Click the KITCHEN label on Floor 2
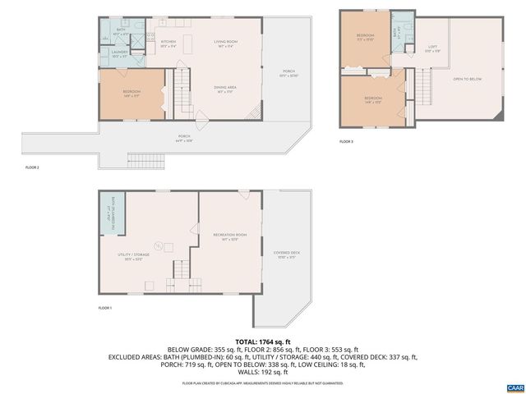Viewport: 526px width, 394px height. coord(168,43)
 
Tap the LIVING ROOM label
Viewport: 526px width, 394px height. coord(225,43)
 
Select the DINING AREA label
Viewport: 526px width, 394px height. coord(225,87)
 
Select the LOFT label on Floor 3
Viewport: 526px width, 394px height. coord(432,48)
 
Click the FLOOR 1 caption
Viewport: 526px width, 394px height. coord(104,308)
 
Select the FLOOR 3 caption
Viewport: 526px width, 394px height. coord(346,142)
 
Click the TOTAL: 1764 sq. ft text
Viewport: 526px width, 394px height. coord(262,341)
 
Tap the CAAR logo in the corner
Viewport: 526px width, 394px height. coord(514,386)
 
